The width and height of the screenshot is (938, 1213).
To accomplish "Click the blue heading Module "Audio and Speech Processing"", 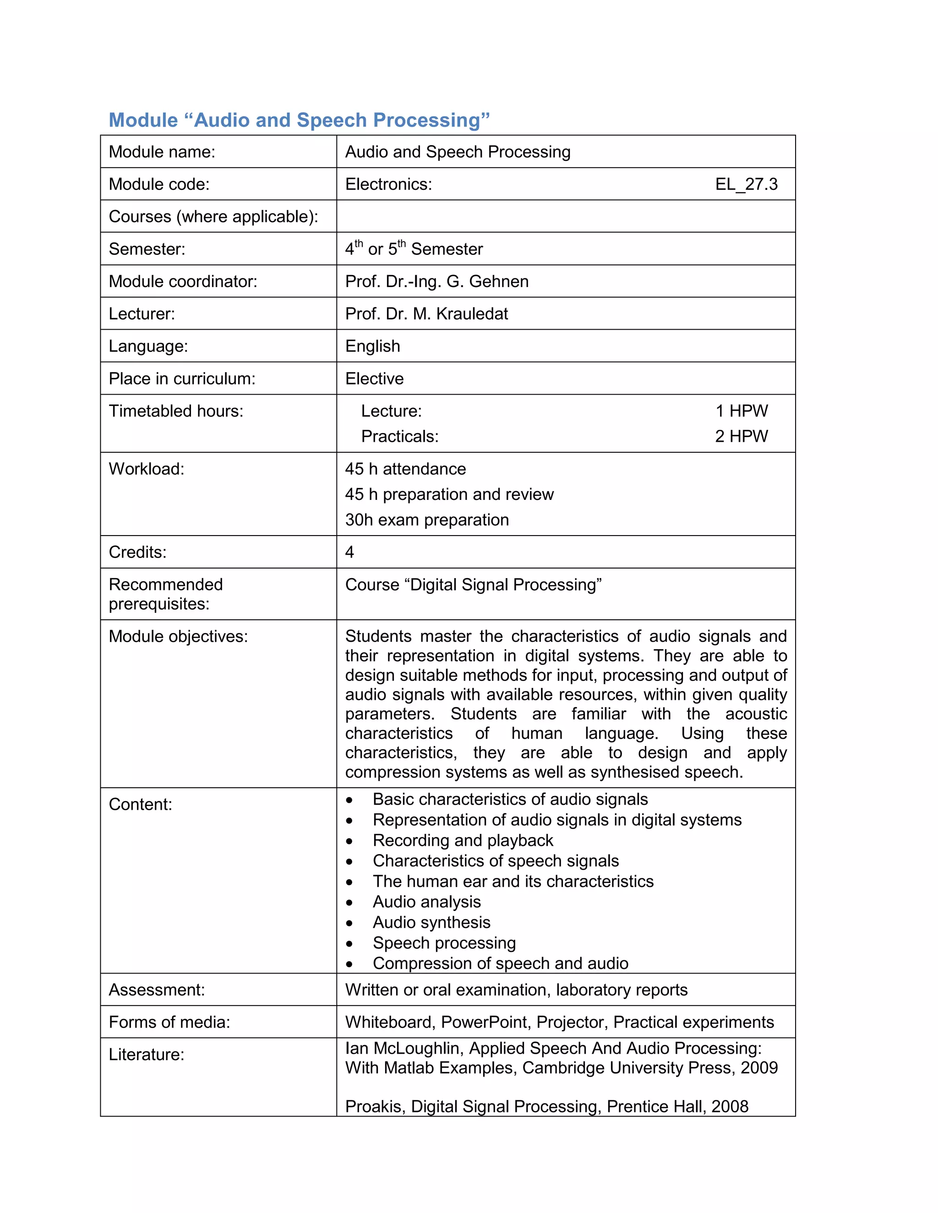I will pyautogui.click(x=299, y=120).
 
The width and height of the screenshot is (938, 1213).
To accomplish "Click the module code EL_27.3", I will pyautogui.click(x=746, y=184).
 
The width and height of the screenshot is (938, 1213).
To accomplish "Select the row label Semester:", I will pyautogui.click(x=147, y=249).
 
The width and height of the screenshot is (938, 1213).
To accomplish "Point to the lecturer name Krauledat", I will pyautogui.click(x=472, y=314).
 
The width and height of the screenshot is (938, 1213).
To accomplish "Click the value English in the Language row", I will pyautogui.click(x=372, y=346).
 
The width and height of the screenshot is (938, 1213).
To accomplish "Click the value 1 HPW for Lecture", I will pyautogui.click(x=742, y=411).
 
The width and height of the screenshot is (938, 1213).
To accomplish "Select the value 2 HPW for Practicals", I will pyautogui.click(x=742, y=437).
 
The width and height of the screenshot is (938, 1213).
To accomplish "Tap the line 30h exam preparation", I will pyautogui.click(x=427, y=520).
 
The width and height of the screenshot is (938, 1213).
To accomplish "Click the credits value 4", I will pyautogui.click(x=349, y=552).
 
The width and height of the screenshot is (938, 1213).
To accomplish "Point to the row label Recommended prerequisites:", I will pyautogui.click(x=166, y=594).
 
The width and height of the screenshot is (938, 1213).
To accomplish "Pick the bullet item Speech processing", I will pyautogui.click(x=444, y=942).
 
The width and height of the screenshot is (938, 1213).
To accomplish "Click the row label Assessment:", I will pyautogui.click(x=157, y=990).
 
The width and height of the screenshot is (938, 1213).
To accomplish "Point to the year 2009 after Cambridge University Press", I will pyautogui.click(x=758, y=1067).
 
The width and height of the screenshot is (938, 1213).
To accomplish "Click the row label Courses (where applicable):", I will pyautogui.click(x=213, y=216).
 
